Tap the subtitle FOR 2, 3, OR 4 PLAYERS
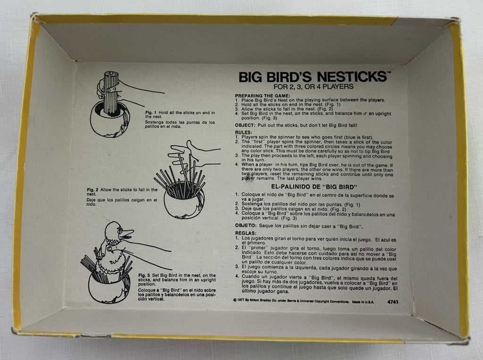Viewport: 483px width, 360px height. (x=313, y=87)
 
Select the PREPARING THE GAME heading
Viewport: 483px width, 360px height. (x=262, y=96)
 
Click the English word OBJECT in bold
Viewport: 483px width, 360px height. (x=245, y=126)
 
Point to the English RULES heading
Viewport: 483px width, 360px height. (x=243, y=133)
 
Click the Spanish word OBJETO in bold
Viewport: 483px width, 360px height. (x=245, y=226)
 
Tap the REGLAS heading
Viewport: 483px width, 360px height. (x=245, y=234)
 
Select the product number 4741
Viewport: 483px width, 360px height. (x=393, y=302)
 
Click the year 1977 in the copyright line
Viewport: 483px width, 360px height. (x=241, y=302)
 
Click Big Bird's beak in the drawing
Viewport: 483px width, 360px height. (x=126, y=234)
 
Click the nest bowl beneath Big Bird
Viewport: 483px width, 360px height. (x=108, y=289)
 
